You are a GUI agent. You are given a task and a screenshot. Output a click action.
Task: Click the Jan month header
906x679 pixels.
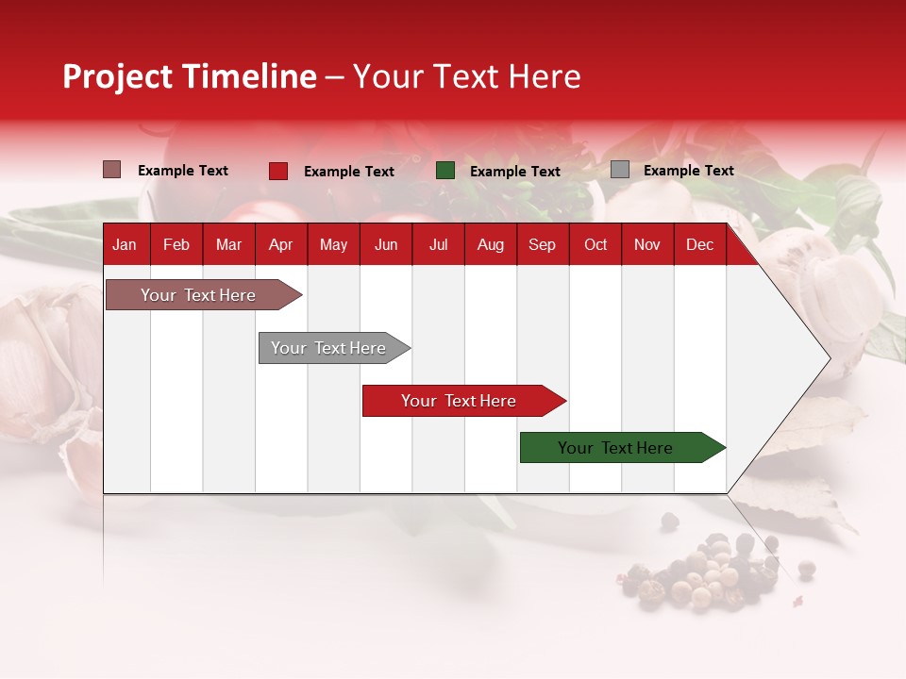(125, 244)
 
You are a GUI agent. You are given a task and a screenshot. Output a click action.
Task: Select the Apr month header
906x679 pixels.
(280, 244)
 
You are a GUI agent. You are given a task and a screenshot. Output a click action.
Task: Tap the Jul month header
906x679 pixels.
(438, 244)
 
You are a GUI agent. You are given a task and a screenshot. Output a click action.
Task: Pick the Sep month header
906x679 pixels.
(542, 244)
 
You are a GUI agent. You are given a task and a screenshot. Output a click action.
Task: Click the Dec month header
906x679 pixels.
(699, 244)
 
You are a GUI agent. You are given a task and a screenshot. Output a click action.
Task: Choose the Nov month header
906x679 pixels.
(646, 244)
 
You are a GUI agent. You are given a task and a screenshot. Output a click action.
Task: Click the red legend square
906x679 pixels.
(277, 171)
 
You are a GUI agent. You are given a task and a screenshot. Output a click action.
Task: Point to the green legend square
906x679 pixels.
(445, 171)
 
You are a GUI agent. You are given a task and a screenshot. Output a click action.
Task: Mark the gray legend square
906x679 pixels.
(619, 170)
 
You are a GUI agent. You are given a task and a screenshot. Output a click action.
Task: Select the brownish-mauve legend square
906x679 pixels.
(111, 170)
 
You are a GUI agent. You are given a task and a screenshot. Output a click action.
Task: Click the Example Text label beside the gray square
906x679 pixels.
(688, 171)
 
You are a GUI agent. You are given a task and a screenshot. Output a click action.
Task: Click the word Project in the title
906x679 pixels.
(119, 76)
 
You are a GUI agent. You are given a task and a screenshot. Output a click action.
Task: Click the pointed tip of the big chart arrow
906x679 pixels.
(829, 357)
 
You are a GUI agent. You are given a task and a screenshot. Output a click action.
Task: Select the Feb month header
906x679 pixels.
(176, 244)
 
